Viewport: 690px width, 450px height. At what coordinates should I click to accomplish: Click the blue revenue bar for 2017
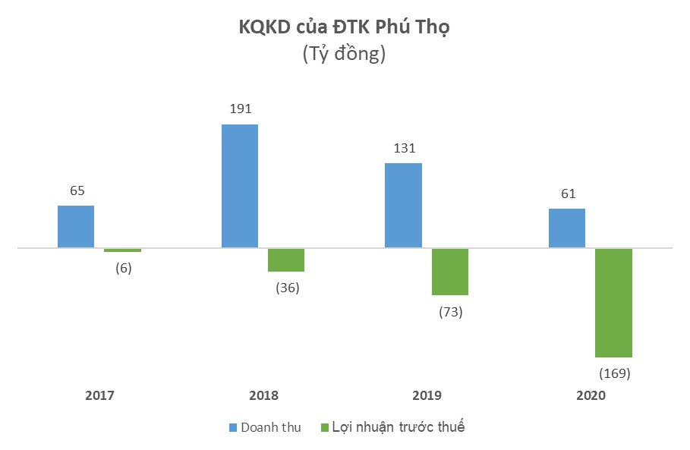click(76, 226)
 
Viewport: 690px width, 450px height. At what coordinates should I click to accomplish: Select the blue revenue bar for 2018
click(240, 186)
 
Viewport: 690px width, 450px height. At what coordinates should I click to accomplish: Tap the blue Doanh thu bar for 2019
click(403, 205)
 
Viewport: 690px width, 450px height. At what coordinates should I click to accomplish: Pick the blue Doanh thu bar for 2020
click(567, 228)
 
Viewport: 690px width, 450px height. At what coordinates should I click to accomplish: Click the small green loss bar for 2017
click(122, 250)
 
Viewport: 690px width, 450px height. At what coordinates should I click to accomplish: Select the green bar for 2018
click(286, 260)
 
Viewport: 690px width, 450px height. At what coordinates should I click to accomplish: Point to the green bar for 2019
click(450, 272)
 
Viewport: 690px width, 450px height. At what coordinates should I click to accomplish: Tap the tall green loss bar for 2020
click(613, 302)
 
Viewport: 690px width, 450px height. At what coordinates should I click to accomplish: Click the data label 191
click(240, 109)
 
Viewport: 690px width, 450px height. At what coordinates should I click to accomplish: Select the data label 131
click(403, 148)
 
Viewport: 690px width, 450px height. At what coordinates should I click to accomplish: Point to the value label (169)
click(614, 373)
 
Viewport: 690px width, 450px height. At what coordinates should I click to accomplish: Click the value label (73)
click(450, 311)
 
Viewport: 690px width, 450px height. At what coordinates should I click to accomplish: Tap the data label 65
click(77, 190)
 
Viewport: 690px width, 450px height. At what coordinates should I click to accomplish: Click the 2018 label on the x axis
click(263, 395)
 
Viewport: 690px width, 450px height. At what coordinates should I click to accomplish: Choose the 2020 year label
click(591, 395)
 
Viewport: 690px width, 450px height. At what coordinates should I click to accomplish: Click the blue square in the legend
click(234, 428)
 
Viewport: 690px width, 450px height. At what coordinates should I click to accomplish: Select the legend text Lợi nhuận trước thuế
click(398, 427)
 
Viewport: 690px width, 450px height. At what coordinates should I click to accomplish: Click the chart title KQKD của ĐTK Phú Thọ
click(344, 27)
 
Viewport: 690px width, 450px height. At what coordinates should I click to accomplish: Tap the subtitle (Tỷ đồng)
click(344, 55)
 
